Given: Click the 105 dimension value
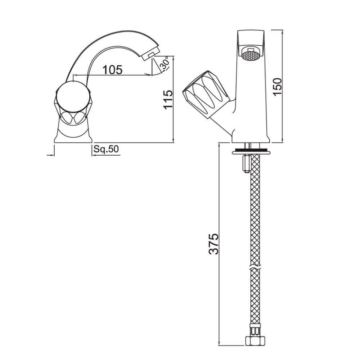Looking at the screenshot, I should (x=113, y=69).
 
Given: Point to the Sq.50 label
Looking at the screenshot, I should (x=106, y=149).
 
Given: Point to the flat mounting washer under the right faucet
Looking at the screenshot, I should (x=250, y=152).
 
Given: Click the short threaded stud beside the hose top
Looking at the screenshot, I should (x=245, y=164).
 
